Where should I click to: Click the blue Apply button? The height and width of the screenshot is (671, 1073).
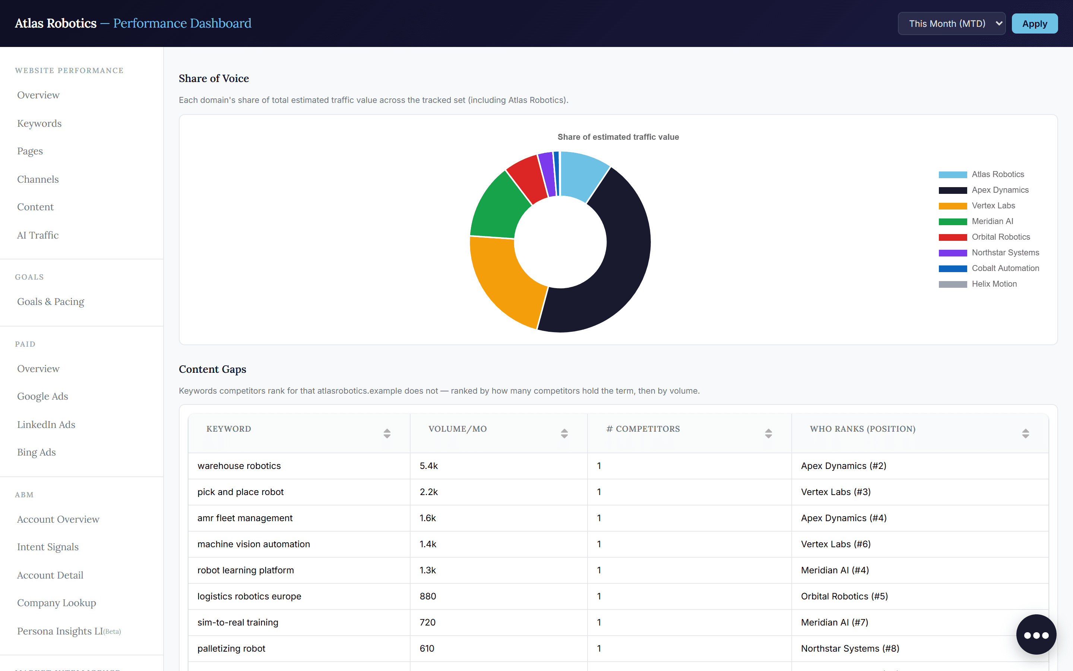[x=1034, y=23]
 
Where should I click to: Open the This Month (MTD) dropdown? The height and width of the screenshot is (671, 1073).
[x=952, y=23]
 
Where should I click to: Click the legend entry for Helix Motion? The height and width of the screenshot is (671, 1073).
[x=978, y=284]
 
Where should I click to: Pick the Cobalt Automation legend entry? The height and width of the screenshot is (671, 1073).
[x=989, y=268]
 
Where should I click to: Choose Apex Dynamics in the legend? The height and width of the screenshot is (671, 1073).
[x=984, y=190]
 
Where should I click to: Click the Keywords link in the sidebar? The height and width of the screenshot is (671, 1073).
[x=39, y=123]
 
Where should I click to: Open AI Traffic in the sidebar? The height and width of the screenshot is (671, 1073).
[x=38, y=235]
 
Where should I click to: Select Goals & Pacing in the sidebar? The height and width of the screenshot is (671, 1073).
[x=51, y=302]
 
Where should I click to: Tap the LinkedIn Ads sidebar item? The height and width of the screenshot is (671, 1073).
[x=46, y=425]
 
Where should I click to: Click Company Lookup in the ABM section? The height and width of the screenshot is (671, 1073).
[x=56, y=603]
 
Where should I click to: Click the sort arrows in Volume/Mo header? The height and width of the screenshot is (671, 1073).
[x=564, y=434]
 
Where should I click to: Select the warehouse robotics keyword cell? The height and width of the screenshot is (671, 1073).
[x=239, y=466]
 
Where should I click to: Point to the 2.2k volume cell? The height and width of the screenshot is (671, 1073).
[x=428, y=492]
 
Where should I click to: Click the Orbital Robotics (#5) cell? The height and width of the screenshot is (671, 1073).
[x=844, y=596]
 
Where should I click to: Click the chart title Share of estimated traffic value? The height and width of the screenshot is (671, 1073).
[x=618, y=137]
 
